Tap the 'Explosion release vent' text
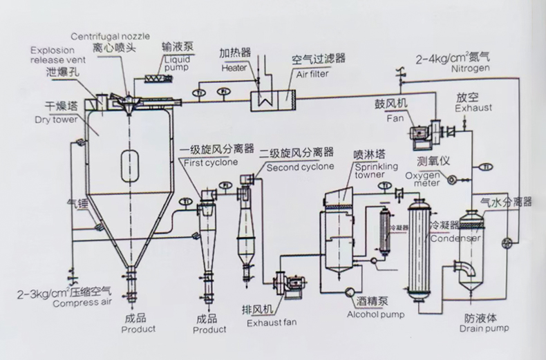(x=57, y=55)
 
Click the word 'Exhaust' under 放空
(x=474, y=108)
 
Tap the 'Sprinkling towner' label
(x=377, y=171)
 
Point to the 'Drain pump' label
(x=484, y=328)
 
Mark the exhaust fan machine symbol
(x=290, y=284)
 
